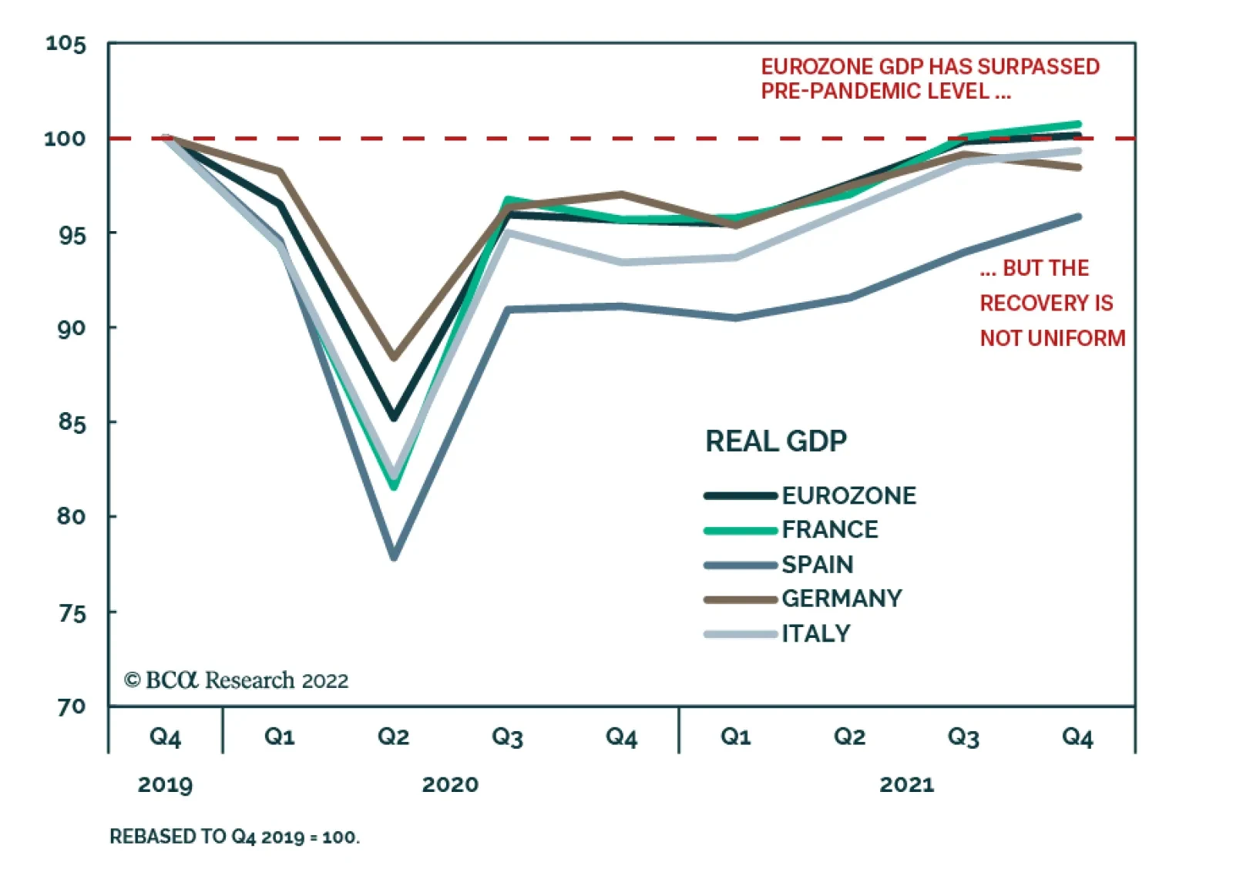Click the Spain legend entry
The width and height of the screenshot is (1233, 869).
pos(817,565)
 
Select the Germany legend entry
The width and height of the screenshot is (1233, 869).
pos(841,599)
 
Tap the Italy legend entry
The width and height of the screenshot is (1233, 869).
pos(815,633)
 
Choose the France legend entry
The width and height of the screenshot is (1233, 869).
pos(829,530)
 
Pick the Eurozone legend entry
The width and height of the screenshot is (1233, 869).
pos(848,495)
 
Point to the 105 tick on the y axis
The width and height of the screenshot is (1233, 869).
pos(66,44)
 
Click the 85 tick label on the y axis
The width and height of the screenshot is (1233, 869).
pos(71,422)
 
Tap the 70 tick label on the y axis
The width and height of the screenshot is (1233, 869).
pos(71,706)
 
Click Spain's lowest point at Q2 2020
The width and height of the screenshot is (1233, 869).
pos(394,555)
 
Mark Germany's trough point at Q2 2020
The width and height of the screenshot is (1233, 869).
pos(394,357)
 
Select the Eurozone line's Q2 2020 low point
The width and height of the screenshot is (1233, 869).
pos(394,417)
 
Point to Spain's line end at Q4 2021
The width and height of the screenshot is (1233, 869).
pos(1077,217)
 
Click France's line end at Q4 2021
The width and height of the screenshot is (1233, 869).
pos(1077,124)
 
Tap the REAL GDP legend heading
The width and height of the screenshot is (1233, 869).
pos(776,441)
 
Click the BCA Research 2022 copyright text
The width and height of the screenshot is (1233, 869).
pos(237,680)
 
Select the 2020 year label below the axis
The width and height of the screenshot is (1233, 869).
pos(450,785)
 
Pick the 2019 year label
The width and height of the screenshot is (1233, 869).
pos(165,785)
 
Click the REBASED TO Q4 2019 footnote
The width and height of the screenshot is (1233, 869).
pos(234,837)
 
